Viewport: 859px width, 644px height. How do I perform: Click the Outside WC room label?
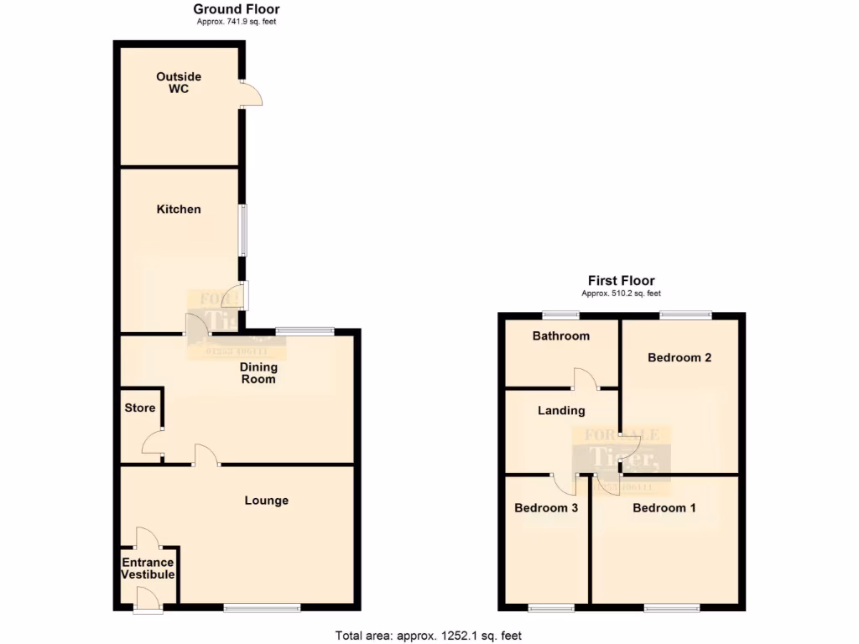pyautogui.click(x=179, y=82)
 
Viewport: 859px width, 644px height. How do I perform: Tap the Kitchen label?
pyautogui.click(x=179, y=209)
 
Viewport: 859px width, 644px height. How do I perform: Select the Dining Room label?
pyautogui.click(x=259, y=373)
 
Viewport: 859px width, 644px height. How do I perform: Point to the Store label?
pyautogui.click(x=140, y=408)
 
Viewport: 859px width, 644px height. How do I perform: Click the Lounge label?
pyautogui.click(x=266, y=501)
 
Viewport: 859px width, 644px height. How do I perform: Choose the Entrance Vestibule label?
pyautogui.click(x=148, y=569)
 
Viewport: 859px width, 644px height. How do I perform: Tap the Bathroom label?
pyautogui.click(x=560, y=335)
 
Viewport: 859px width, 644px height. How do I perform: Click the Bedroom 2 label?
pyautogui.click(x=679, y=357)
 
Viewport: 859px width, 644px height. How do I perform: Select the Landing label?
pyautogui.click(x=561, y=410)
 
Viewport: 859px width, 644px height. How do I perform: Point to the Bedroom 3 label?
pyautogui.click(x=546, y=507)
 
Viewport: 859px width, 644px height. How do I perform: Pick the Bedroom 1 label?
pyautogui.click(x=664, y=507)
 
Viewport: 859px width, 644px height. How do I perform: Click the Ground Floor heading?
pyautogui.click(x=236, y=9)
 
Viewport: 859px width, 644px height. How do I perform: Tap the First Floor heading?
pyautogui.click(x=621, y=281)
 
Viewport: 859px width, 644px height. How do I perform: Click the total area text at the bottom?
pyautogui.click(x=429, y=636)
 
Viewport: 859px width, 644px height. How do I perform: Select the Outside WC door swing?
pyautogui.click(x=252, y=94)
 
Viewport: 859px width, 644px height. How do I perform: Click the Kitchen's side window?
pyautogui.click(x=243, y=230)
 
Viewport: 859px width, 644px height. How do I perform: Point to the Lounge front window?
pyautogui.click(x=261, y=608)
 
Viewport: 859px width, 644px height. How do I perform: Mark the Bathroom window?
pyautogui.click(x=560, y=315)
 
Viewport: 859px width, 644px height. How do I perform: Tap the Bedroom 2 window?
pyautogui.click(x=685, y=315)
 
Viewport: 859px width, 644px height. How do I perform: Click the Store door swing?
pyautogui.click(x=153, y=443)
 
